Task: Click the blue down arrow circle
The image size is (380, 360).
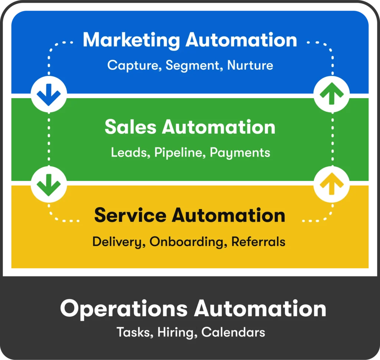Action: coord(49,95)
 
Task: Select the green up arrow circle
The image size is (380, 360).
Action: coord(331,95)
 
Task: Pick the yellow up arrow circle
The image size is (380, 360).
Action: coord(331,184)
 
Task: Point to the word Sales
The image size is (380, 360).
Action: coord(130,127)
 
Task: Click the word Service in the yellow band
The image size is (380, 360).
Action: coord(130,215)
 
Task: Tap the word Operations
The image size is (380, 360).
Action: coord(124,309)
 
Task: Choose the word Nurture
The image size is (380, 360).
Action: coord(250,66)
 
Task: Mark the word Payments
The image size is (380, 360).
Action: coord(240,153)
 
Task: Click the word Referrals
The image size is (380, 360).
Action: coord(258,242)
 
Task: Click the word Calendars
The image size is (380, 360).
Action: coord(233,332)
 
